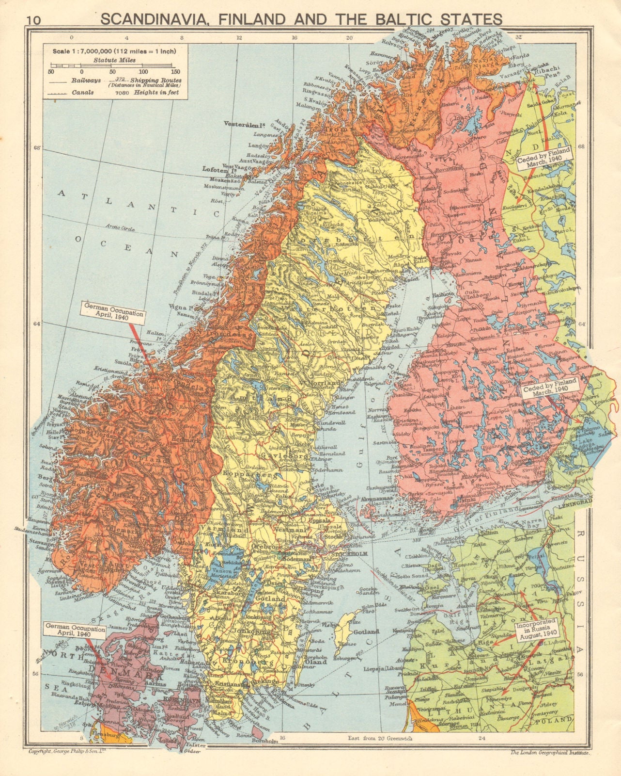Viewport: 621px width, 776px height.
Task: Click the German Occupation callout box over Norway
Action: [113, 310]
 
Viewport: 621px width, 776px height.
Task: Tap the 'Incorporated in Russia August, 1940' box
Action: [538, 630]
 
